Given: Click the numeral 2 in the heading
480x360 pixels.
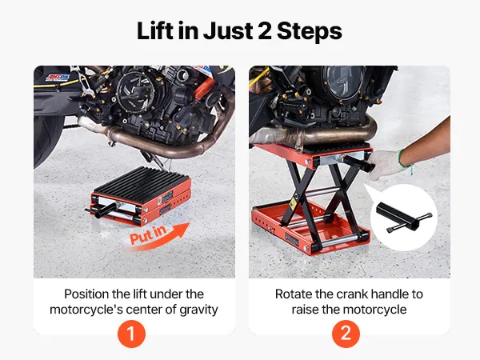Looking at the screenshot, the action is click(x=265, y=31).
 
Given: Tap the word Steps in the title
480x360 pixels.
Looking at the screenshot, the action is click(x=309, y=32).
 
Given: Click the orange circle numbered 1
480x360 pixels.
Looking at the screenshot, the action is click(x=131, y=334).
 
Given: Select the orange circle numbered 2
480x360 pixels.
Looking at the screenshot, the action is click(x=346, y=334).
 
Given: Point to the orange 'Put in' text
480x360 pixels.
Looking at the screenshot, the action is click(x=148, y=235).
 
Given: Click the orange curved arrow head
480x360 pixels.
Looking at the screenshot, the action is click(x=182, y=230).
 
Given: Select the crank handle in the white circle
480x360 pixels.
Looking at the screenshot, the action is click(x=403, y=218).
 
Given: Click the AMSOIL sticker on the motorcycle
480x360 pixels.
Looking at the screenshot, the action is click(x=58, y=77).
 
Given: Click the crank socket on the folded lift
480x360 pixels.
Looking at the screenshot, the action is click(x=102, y=211).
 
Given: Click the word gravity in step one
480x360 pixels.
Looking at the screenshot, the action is click(x=198, y=310).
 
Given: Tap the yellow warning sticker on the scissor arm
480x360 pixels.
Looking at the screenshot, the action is click(x=293, y=203).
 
